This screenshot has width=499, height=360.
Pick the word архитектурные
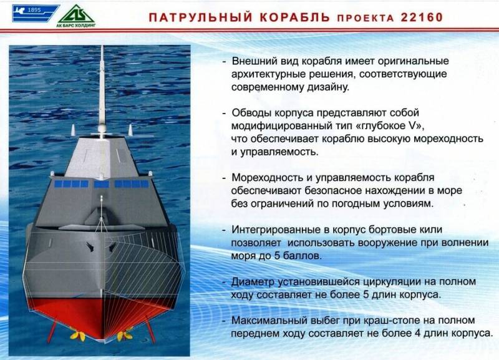271,75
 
